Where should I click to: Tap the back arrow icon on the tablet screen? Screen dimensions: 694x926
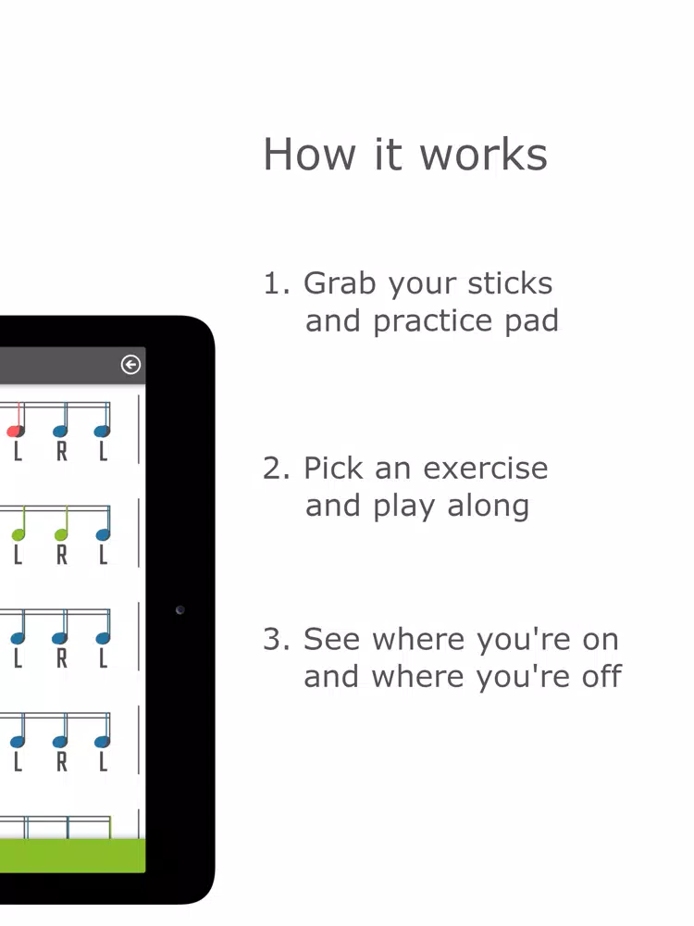pos(130,364)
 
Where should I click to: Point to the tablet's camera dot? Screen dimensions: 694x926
pos(180,610)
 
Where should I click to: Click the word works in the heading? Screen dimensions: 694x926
pos(483,156)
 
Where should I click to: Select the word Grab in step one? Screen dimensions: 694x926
pos(340,282)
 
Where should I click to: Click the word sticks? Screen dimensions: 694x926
pos(510,282)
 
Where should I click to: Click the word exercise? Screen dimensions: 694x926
pos(486,469)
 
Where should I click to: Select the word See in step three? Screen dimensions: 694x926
pos(331,639)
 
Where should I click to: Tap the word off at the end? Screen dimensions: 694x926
pos(601,676)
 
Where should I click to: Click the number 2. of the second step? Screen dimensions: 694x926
pos(276,469)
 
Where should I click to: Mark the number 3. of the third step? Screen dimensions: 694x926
pos(276,640)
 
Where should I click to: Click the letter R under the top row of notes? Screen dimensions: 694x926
pos(61,452)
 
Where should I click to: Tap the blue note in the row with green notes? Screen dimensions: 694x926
pos(103,534)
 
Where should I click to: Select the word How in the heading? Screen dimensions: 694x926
pos(309,156)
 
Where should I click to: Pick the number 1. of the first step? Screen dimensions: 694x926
pos(276,283)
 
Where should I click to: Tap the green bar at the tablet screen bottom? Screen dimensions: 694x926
pos(72,855)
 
